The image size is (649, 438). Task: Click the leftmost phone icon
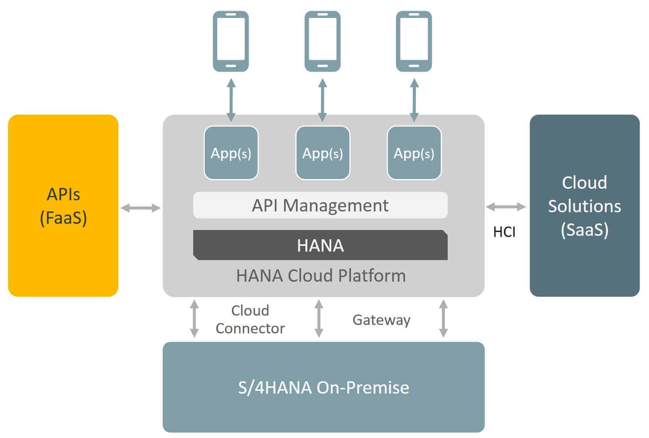(x=231, y=41)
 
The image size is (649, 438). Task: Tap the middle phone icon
(x=322, y=41)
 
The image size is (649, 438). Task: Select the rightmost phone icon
(x=414, y=41)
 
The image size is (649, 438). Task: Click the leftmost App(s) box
(x=231, y=153)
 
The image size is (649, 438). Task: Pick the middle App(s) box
(x=323, y=153)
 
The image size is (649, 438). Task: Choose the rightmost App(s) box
(x=414, y=153)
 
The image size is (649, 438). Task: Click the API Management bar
(x=320, y=205)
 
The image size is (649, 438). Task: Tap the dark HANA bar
(x=320, y=245)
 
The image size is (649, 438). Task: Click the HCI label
(x=504, y=232)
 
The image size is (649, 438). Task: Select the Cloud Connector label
(x=250, y=320)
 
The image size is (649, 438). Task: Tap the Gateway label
(x=381, y=320)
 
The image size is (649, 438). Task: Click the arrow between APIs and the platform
(x=140, y=208)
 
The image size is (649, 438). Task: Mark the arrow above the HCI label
(x=506, y=207)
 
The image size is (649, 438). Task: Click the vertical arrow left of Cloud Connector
(x=194, y=319)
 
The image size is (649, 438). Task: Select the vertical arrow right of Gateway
(x=443, y=319)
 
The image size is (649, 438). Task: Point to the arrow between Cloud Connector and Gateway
(x=319, y=319)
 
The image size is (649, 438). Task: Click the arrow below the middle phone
(x=323, y=100)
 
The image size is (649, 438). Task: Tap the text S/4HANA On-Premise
(x=324, y=387)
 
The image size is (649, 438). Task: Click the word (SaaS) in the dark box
(x=585, y=230)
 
